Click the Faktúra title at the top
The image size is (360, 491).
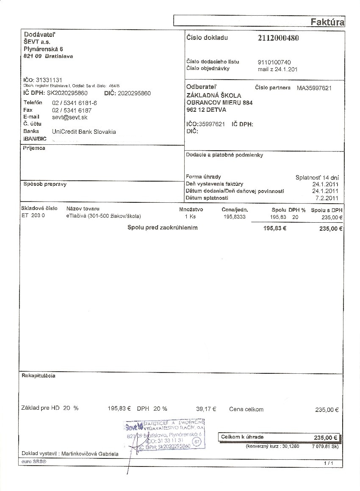(327, 22)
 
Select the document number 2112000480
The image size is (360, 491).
(278, 38)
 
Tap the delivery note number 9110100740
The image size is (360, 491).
(274, 62)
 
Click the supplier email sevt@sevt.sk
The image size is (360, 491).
(70, 117)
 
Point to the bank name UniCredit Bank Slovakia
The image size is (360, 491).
(84, 132)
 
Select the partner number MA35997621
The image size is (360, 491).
(314, 88)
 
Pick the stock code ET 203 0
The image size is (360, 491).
(33, 216)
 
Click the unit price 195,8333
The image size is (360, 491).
(234, 217)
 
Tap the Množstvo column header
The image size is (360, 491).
(191, 209)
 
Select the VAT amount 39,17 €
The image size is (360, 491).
(206, 409)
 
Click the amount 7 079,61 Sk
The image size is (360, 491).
(325, 446)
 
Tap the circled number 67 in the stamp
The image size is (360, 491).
(196, 441)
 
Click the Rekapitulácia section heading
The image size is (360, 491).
(38, 375)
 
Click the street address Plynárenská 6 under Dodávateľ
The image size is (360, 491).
(43, 49)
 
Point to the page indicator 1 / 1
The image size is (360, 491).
(328, 463)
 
